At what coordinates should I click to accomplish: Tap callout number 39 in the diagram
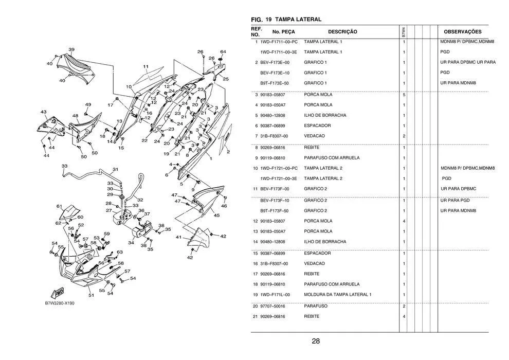(71, 50)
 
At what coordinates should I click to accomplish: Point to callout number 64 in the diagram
(223, 51)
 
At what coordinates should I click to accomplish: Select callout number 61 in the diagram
(59, 206)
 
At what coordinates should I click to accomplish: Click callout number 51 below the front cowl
(91, 295)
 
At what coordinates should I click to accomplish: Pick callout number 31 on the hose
(116, 169)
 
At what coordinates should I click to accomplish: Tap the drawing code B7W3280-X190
(60, 303)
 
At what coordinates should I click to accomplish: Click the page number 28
(316, 341)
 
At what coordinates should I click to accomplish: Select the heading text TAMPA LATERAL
(298, 20)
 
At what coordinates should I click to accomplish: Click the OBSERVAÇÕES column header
(463, 32)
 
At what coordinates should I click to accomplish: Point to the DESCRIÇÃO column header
(342, 32)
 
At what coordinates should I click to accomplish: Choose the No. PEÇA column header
(283, 32)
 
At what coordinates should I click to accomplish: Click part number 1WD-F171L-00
(275, 295)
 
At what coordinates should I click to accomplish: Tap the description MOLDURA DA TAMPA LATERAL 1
(338, 295)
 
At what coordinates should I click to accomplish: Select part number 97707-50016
(272, 306)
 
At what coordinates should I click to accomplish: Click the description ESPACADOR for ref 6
(317, 125)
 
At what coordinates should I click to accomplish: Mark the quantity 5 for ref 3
(404, 95)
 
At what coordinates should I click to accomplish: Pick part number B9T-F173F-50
(275, 211)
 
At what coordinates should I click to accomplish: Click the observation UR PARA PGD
(455, 200)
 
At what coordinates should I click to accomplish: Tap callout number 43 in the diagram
(44, 112)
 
